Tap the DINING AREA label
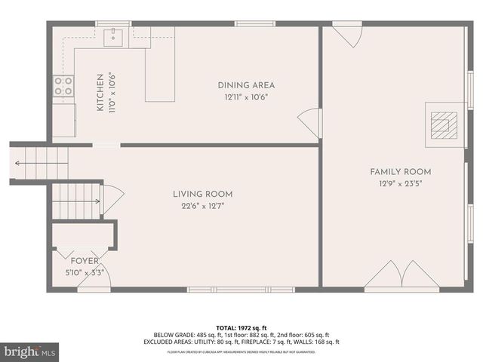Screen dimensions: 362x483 246,85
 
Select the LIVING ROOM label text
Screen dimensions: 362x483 202,194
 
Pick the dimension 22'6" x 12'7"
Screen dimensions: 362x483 202,206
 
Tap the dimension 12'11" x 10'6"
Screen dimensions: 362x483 246,97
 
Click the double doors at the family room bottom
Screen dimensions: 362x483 401,275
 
